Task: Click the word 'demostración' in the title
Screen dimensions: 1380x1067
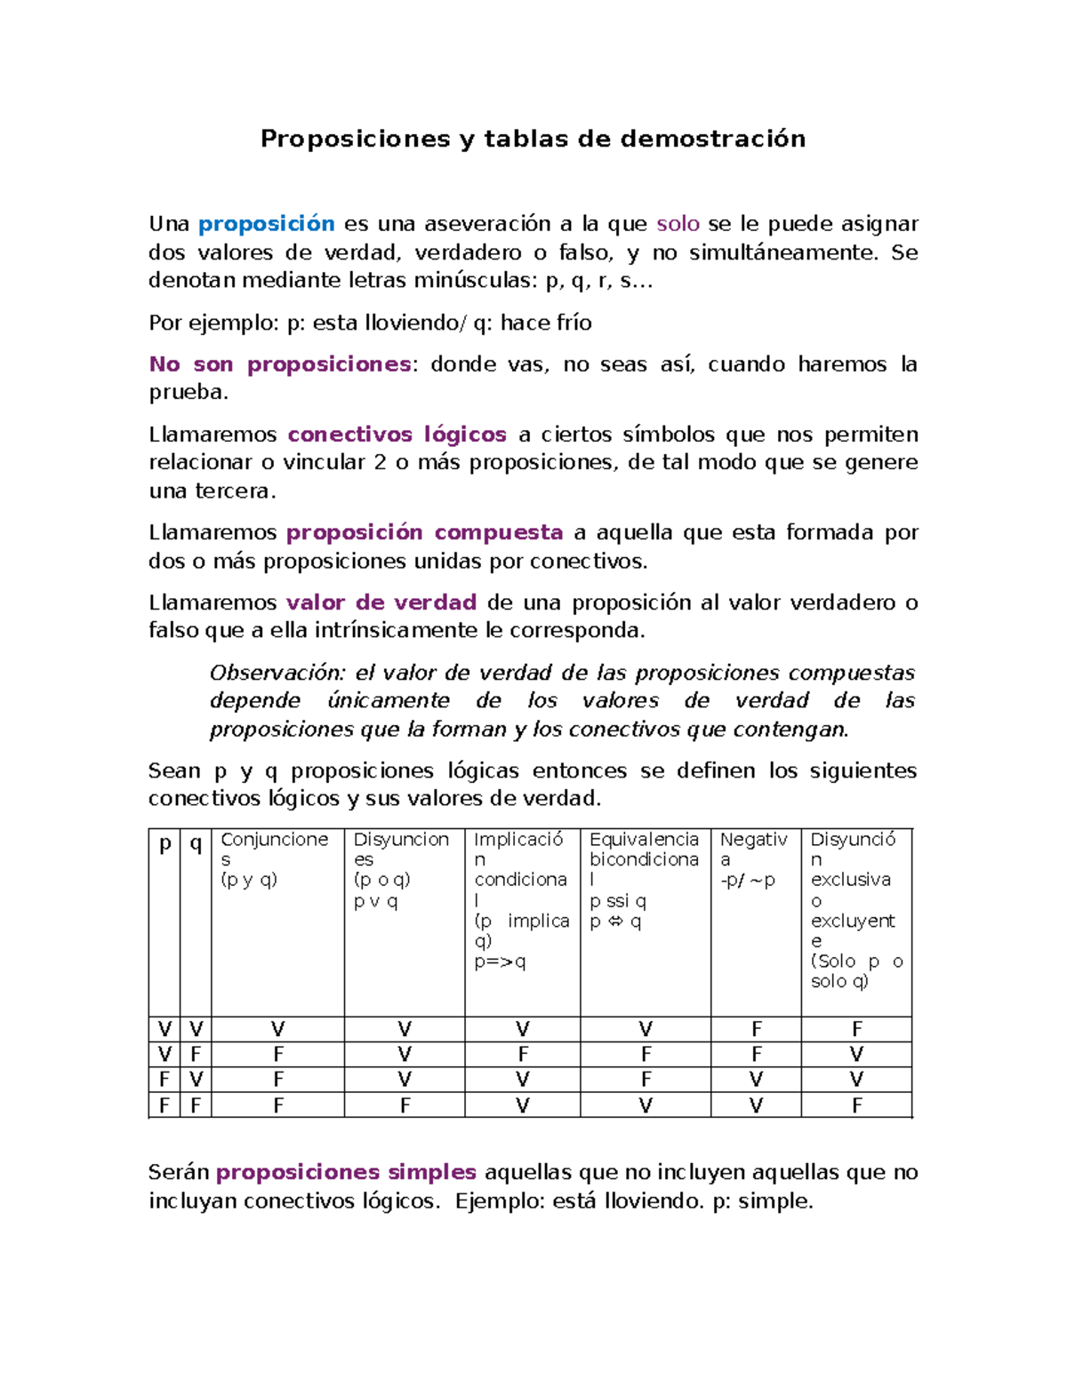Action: tap(713, 139)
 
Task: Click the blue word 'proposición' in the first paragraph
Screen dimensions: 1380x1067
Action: tap(266, 224)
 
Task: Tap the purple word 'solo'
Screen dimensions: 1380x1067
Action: tap(678, 224)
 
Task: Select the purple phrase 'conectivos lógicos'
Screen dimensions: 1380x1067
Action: tap(397, 435)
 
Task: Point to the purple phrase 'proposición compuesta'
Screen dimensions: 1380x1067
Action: tap(424, 532)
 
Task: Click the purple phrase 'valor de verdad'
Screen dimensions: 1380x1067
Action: tap(381, 602)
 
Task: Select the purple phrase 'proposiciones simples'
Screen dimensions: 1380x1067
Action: tap(346, 1172)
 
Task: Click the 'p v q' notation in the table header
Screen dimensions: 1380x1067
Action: tap(375, 901)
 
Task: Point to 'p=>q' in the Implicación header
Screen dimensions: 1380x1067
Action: tap(500, 961)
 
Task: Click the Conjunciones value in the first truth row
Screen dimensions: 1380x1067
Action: tap(278, 1029)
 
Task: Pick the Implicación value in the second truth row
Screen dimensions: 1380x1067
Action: tap(523, 1054)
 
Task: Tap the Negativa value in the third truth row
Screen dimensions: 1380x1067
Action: tap(756, 1079)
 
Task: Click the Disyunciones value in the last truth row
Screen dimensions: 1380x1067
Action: tap(405, 1105)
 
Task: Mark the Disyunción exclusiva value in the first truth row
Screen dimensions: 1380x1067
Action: tap(856, 1029)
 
